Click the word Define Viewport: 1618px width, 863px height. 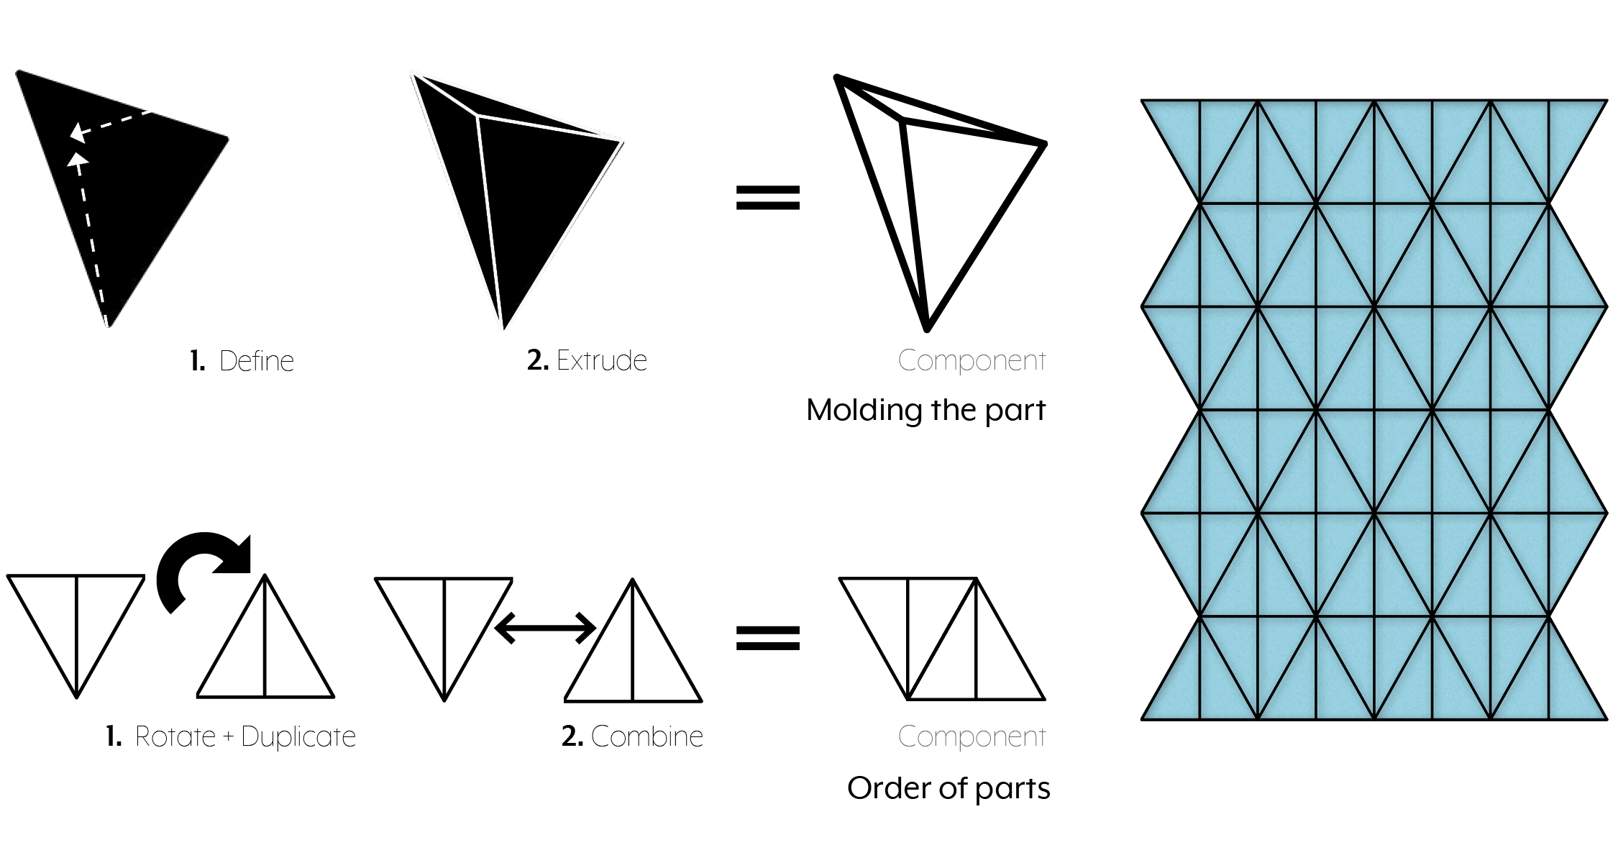(x=257, y=361)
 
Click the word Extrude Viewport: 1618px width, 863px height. (x=602, y=360)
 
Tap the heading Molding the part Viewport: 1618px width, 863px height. (x=925, y=410)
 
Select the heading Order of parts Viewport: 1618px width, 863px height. (x=948, y=788)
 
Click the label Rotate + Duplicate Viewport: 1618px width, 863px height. (x=244, y=736)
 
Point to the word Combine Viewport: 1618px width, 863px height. (x=646, y=736)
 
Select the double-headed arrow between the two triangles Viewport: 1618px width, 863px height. (x=545, y=628)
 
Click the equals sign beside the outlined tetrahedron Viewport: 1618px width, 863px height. (x=767, y=198)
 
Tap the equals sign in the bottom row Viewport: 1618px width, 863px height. (x=767, y=638)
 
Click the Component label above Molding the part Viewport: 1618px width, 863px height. (x=972, y=360)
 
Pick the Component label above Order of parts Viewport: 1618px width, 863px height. (x=972, y=736)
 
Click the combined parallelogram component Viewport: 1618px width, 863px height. (x=942, y=640)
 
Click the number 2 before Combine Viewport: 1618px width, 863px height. (x=572, y=736)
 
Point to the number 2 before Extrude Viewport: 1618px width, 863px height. (x=537, y=360)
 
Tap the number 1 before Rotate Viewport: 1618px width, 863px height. (x=113, y=736)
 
